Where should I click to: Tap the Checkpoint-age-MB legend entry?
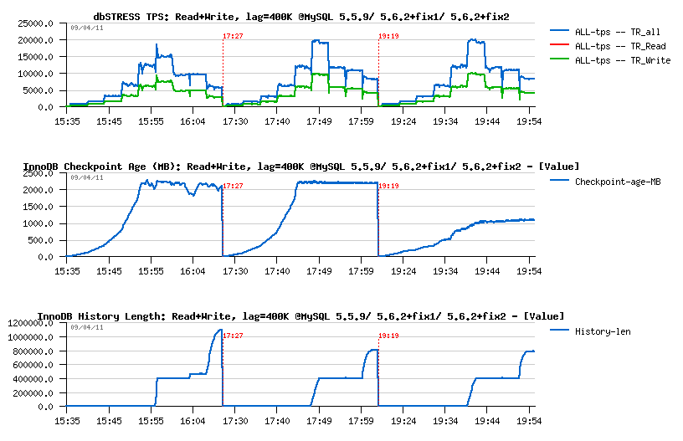(x=618, y=182)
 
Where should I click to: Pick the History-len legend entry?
(x=603, y=331)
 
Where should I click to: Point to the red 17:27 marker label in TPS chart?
(x=234, y=37)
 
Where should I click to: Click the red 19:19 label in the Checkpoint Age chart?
(x=388, y=187)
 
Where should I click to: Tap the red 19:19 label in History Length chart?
(x=388, y=336)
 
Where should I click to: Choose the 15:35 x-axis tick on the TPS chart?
(x=66, y=121)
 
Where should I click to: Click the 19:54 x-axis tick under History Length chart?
(x=529, y=421)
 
